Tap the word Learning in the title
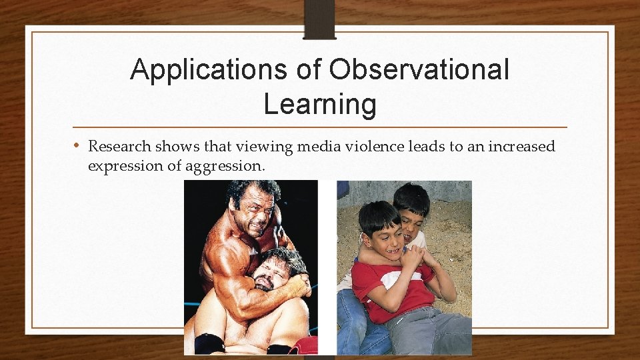(x=320, y=104)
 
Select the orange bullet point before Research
(x=77, y=145)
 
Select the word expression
(x=125, y=166)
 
